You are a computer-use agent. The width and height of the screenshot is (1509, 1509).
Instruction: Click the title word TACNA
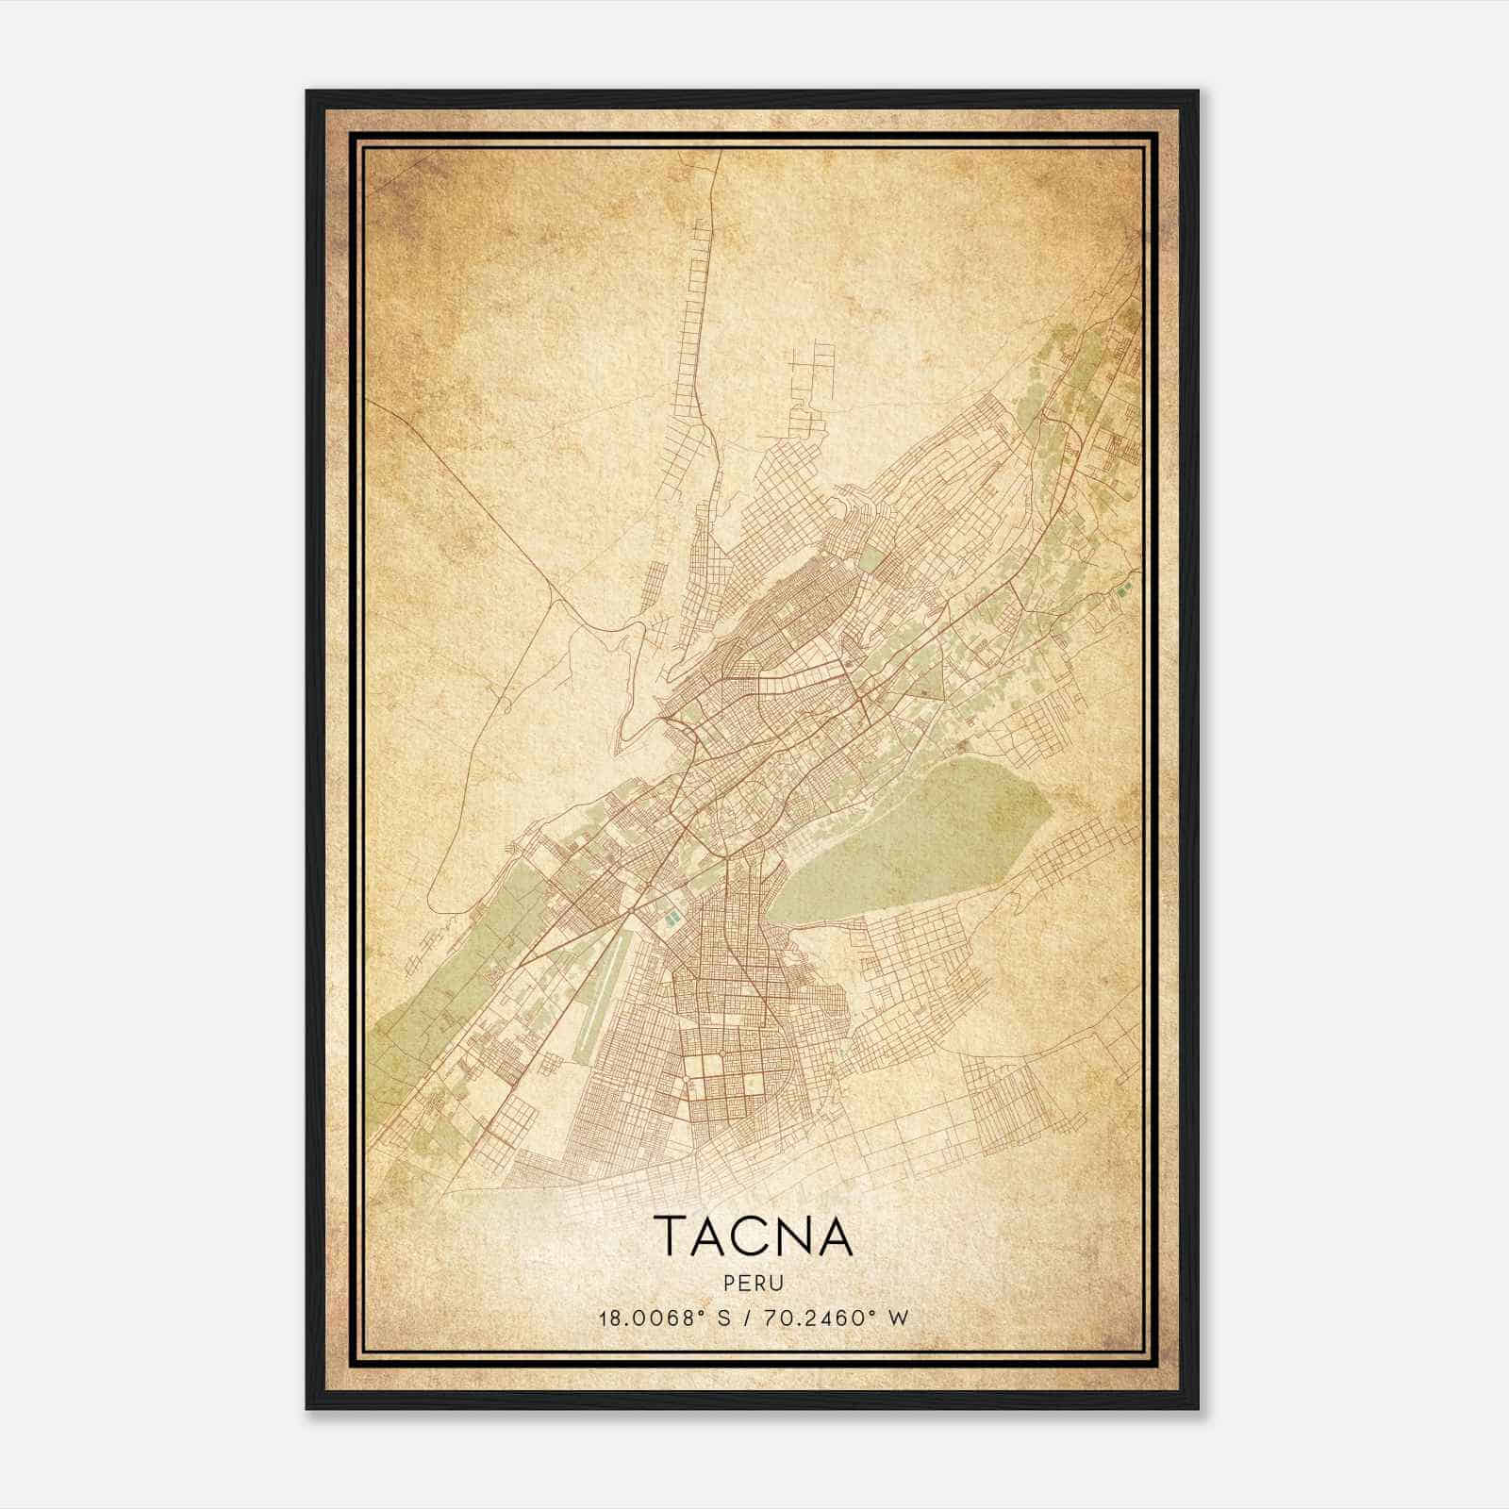[x=753, y=1236]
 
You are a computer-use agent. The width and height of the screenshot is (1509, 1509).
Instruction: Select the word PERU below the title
[x=754, y=1284]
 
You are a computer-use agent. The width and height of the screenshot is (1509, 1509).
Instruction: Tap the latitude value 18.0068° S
[x=665, y=1318]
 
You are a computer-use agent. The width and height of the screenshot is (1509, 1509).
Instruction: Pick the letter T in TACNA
[x=671, y=1236]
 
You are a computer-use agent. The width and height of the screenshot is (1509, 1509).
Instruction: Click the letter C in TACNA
[x=753, y=1236]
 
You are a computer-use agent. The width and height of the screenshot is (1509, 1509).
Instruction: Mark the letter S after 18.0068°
[x=724, y=1318]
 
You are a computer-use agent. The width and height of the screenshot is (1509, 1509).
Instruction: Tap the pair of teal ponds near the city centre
[x=671, y=912]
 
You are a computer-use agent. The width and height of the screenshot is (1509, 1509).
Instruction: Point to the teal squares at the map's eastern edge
[x=1121, y=592]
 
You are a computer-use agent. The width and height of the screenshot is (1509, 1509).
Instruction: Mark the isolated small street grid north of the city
[x=811, y=377]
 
